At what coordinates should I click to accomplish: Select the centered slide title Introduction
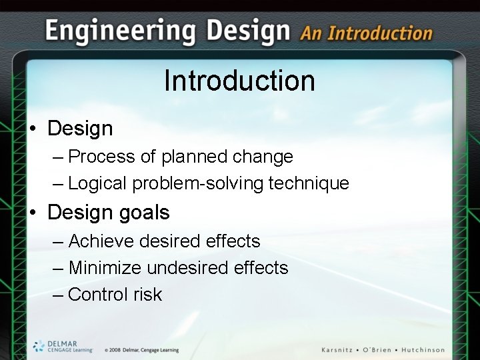point(239,81)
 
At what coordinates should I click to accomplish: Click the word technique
point(309,183)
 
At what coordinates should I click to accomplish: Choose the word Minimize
point(105,268)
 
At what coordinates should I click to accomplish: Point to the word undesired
point(188,268)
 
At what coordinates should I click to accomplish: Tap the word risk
point(147,295)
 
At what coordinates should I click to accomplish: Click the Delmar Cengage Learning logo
point(62,346)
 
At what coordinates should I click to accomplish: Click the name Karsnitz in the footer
point(341,350)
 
